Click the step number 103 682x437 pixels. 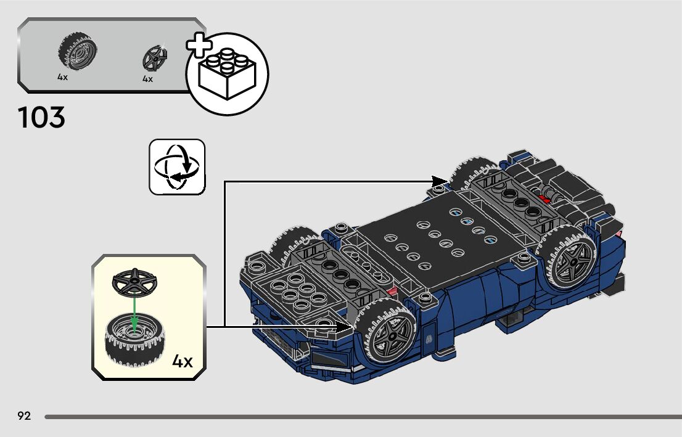[42, 117]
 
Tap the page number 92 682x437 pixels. [24, 416]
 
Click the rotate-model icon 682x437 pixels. [176, 167]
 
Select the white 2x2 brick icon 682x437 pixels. [227, 75]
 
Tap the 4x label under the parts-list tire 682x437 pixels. [62, 78]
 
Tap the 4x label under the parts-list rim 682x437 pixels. [147, 79]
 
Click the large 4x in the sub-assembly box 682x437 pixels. [183, 361]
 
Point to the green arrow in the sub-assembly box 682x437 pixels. [133, 311]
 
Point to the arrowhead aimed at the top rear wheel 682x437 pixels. [440, 181]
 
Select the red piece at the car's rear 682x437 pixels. [545, 198]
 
